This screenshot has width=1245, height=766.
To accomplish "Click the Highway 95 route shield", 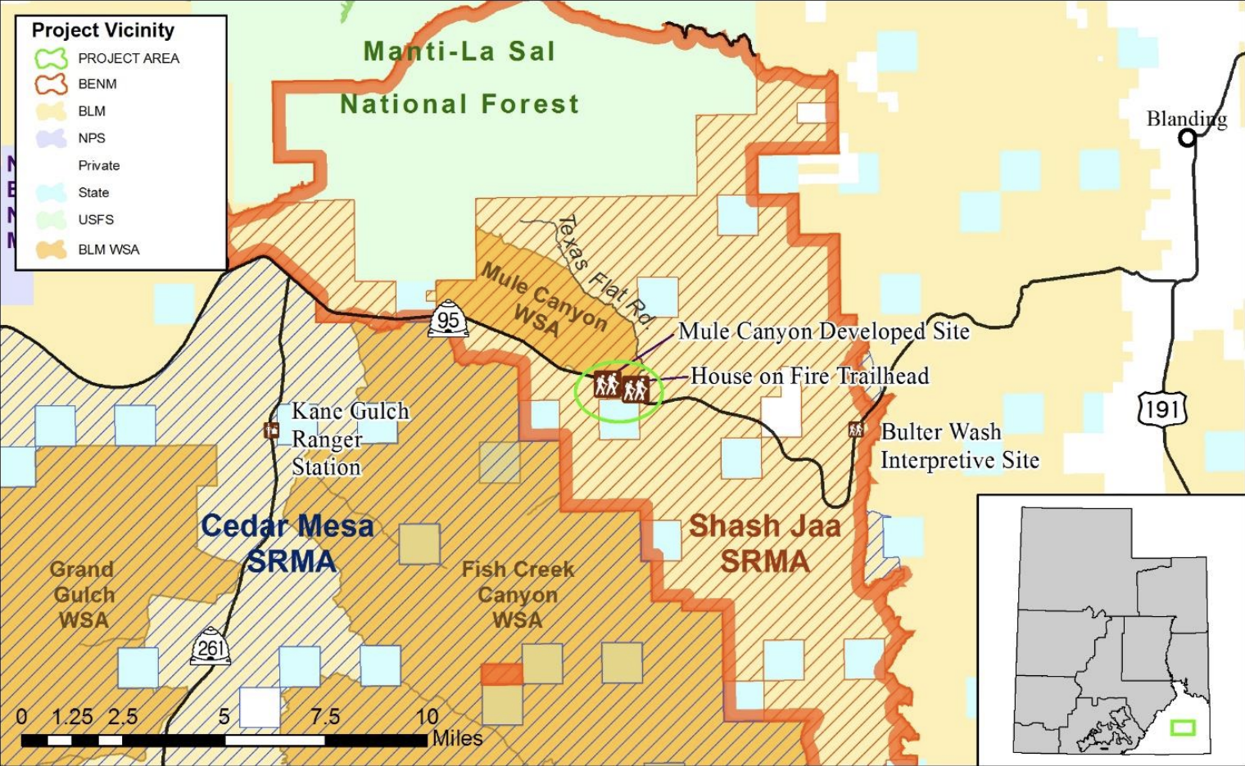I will [x=448, y=321].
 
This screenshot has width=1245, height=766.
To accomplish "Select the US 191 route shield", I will [x=1162, y=408].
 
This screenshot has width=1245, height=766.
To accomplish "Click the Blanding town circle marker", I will [x=1186, y=138].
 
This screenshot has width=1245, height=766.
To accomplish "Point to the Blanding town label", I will [x=1186, y=119].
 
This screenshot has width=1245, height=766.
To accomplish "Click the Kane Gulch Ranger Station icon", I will [x=271, y=430].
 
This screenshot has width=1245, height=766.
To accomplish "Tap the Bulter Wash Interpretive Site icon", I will [x=856, y=429].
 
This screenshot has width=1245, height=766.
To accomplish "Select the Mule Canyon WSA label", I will [x=541, y=300].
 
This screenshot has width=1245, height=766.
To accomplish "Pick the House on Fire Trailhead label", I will [x=809, y=376].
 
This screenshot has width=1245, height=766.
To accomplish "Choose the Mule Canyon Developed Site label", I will [x=823, y=331].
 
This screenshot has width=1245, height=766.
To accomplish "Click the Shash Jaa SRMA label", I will [x=765, y=543].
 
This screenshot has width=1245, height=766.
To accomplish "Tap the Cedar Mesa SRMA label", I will [x=288, y=543].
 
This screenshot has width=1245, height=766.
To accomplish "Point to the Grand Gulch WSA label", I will [x=83, y=594].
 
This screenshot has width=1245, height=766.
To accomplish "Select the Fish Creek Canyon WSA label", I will [x=518, y=594].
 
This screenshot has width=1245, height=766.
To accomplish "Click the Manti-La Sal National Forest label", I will [x=460, y=78].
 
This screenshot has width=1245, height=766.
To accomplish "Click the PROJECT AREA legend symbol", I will [x=51, y=58].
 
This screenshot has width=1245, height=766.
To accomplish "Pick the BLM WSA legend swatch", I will [x=51, y=250].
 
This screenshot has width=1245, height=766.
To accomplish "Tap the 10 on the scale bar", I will [x=427, y=718].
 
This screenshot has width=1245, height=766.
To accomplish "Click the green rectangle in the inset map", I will [x=1183, y=727].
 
